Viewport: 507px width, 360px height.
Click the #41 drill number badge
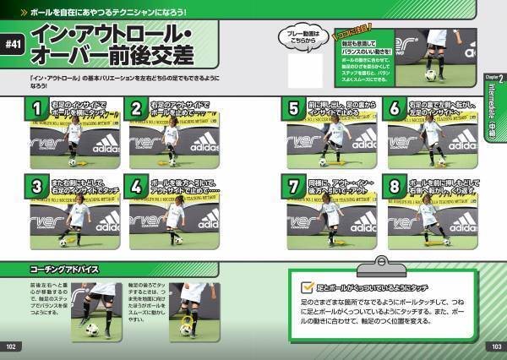tap(14, 46)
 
